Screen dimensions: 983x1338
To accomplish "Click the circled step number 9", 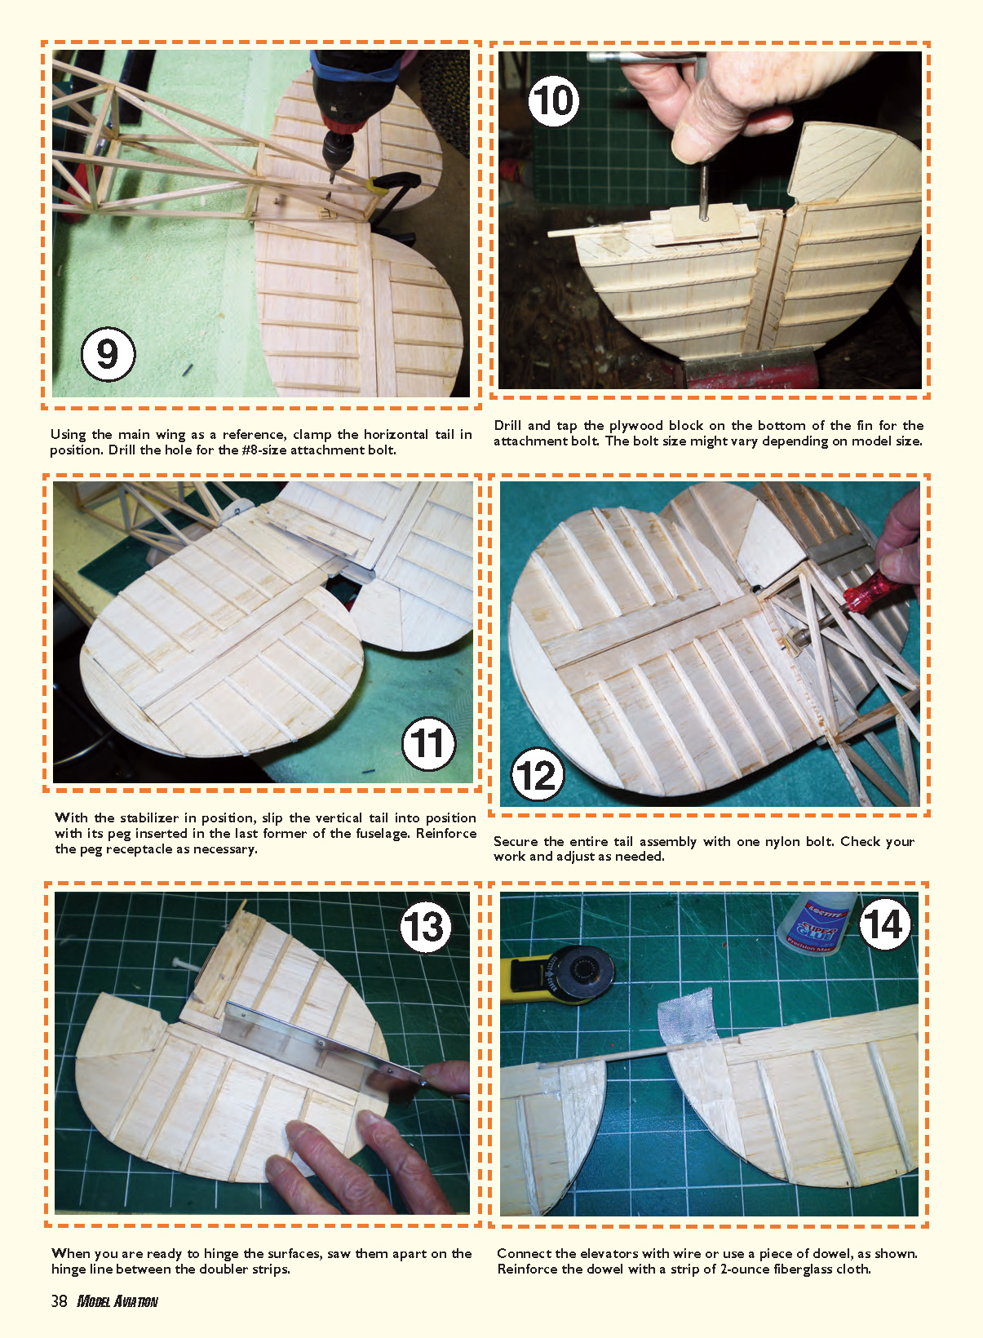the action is [x=108, y=354].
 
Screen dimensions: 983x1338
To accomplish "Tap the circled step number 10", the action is [x=553, y=100].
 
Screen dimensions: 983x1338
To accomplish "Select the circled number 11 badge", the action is [x=428, y=744].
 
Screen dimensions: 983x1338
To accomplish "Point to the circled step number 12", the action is [x=538, y=775].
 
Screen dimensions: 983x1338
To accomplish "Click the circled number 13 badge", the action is [x=425, y=927].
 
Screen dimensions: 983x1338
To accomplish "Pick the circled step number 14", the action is [x=884, y=924].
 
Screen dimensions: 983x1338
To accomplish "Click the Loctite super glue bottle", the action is [x=819, y=924].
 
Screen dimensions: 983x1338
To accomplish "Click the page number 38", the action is [x=59, y=1301].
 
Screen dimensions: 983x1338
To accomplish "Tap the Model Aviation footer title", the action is [x=117, y=1301].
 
